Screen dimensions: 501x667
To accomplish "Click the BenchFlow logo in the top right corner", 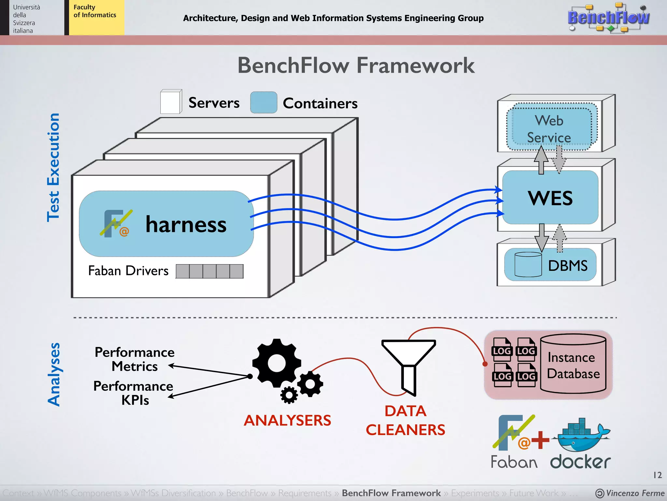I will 608,18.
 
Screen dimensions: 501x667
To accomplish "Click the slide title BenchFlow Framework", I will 356,65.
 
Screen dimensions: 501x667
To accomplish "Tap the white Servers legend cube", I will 171,102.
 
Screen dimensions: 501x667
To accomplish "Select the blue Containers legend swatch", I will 263,102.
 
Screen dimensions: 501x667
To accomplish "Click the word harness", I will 186,224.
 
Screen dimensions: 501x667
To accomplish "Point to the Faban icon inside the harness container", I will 116,224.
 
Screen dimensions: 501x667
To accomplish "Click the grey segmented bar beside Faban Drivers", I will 209,271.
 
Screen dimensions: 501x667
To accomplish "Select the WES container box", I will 550,198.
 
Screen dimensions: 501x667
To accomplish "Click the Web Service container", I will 549,129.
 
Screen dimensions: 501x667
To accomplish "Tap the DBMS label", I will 568,266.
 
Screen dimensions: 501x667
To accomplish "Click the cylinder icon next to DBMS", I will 528,265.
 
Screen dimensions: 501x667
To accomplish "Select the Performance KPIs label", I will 134,393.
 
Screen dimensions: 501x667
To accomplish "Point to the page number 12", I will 657,475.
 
